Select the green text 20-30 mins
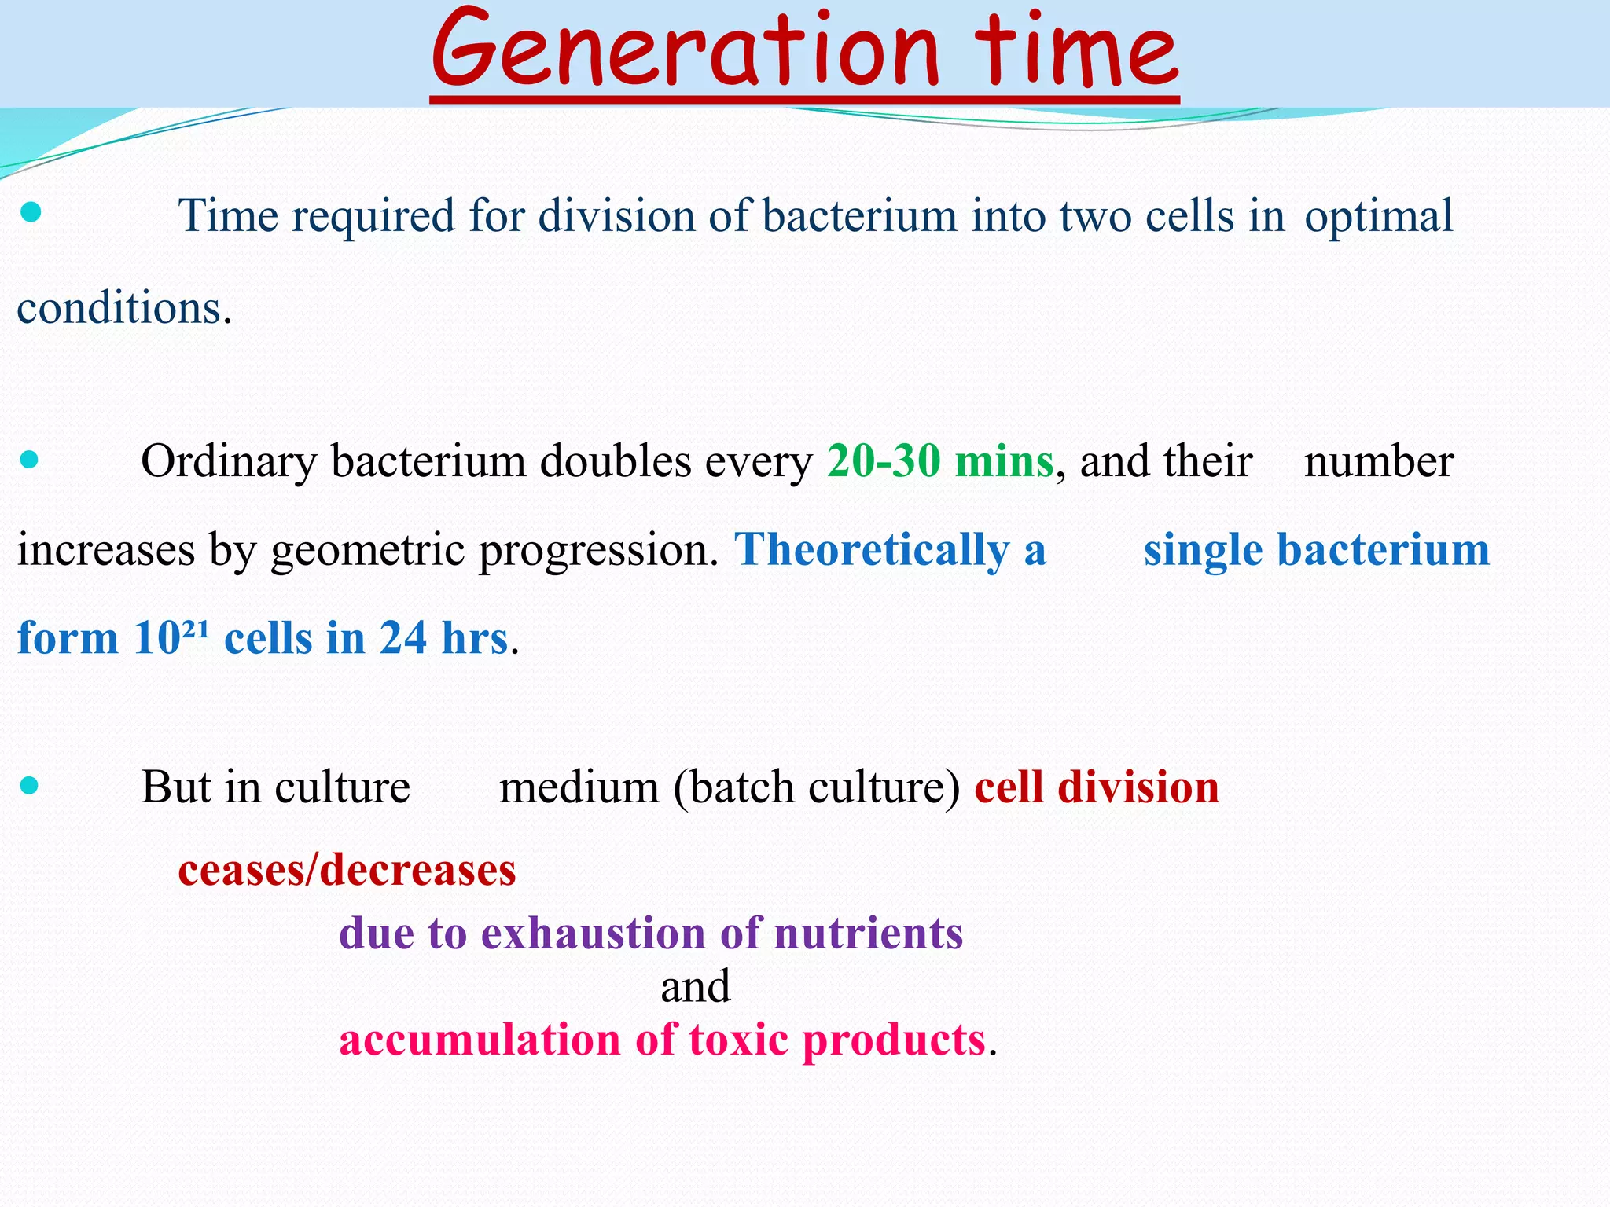click(939, 461)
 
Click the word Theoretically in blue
click(872, 549)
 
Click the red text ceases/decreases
click(347, 870)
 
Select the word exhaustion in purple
click(593, 934)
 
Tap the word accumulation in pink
click(480, 1040)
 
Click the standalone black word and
click(695, 987)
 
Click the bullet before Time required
click(30, 212)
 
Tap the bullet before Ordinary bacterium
click(29, 459)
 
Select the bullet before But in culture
click(29, 784)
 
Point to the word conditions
click(123, 308)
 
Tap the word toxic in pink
click(738, 1040)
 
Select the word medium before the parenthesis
click(579, 787)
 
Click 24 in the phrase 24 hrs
click(403, 637)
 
